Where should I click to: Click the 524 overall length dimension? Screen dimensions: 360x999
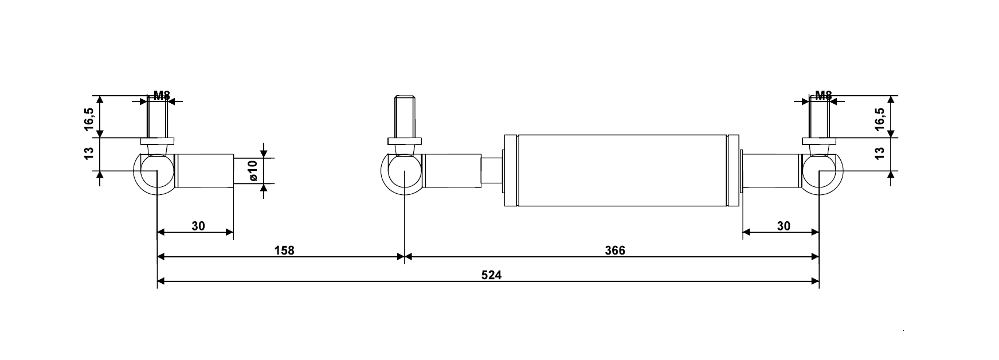point(491,275)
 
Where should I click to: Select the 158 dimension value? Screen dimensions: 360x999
point(284,251)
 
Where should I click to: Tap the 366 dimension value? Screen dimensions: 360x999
point(614,251)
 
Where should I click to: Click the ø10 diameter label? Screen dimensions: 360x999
point(252,171)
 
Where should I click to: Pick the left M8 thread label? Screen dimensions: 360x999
point(162,96)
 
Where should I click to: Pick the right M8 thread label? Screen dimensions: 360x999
point(823,96)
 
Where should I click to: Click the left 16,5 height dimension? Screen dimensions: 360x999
point(90,119)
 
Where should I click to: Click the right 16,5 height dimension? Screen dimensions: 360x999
point(880,119)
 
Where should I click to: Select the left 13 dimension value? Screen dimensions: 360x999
point(89,154)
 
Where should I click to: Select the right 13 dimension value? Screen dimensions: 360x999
point(880,153)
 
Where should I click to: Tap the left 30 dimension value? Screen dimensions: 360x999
point(198,226)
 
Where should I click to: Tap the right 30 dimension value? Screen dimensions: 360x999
point(783,226)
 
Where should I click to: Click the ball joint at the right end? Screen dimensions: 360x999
point(822,173)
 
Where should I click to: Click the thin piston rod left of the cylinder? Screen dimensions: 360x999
point(491,171)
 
